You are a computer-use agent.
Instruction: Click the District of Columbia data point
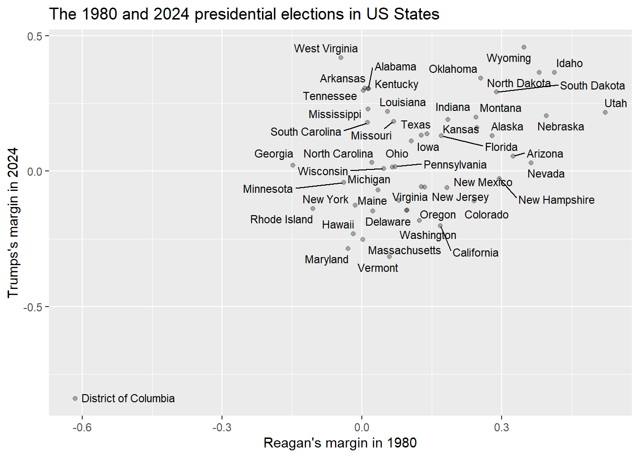click(75, 398)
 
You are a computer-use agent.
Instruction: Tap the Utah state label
click(615, 103)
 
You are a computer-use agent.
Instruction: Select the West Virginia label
click(326, 49)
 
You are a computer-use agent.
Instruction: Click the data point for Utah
click(605, 112)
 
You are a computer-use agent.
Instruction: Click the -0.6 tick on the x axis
click(82, 427)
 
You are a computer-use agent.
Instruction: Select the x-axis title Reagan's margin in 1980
click(340, 443)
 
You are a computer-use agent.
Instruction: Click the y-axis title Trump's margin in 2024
click(13, 222)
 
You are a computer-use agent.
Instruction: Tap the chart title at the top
click(244, 14)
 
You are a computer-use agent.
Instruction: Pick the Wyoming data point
click(524, 47)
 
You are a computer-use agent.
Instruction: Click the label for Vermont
click(378, 268)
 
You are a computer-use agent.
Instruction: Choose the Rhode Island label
click(281, 219)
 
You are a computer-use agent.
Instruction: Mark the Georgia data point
click(293, 165)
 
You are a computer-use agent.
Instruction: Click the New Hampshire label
click(556, 200)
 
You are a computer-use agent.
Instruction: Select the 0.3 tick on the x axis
click(501, 427)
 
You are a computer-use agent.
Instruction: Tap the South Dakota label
click(592, 86)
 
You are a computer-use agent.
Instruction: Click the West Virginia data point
click(341, 58)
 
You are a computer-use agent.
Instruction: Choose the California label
click(475, 253)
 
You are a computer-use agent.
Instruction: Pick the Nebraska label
click(561, 127)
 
